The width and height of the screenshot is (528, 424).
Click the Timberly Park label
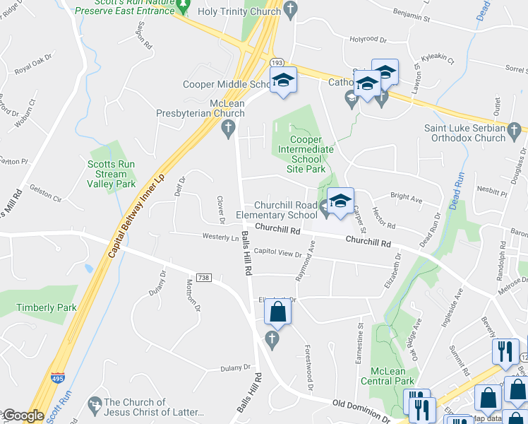coord(47,307)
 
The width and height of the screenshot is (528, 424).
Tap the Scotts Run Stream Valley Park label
coord(111,174)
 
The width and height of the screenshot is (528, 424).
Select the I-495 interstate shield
coord(59,379)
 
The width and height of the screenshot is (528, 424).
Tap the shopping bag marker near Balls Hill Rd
coord(278,312)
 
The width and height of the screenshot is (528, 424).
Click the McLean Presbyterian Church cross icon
coord(227,128)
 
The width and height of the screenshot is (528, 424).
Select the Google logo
coord(23,416)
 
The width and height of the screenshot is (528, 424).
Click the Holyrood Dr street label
coord(368,40)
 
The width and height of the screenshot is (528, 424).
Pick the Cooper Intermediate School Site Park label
coord(306,154)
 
